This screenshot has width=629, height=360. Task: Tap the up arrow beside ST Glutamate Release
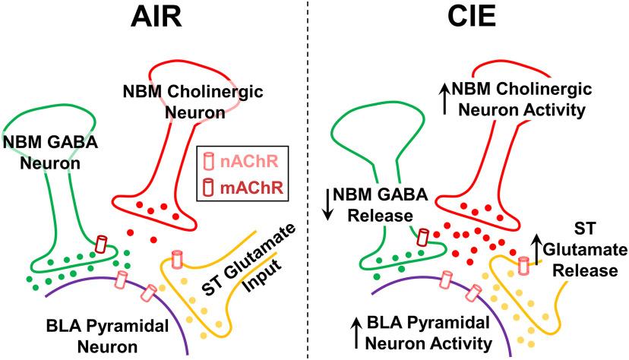(537, 247)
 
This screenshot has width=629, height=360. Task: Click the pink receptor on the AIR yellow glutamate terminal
(178, 259)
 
